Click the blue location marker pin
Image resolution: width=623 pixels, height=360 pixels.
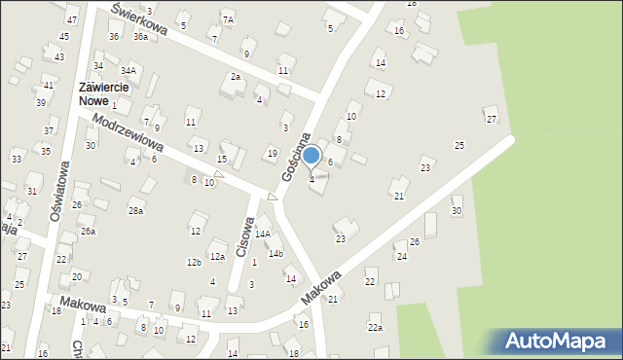[x=311, y=156]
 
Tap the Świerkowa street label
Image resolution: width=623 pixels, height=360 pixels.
[x=139, y=19]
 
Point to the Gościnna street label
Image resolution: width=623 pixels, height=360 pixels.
[x=295, y=157]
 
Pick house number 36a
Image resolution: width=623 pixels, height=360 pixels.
[x=141, y=37]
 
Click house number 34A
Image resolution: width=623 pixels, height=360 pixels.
[x=128, y=71]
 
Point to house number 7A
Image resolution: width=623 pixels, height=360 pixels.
[x=228, y=19]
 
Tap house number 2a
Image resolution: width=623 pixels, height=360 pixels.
[x=235, y=77]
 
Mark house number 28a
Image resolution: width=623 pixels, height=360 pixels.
[x=135, y=210]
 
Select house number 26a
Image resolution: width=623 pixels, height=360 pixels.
[x=88, y=232]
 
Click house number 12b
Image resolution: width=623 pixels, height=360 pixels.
[x=194, y=263]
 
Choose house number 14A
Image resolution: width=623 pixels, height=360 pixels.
[x=263, y=234]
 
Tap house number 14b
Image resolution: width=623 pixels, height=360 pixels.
[x=275, y=254]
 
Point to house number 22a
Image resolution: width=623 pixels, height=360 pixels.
[x=375, y=328]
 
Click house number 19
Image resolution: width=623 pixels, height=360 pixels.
[x=273, y=154]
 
